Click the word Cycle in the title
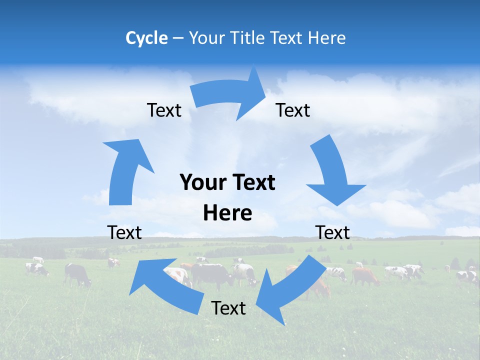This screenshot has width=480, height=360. (x=146, y=38)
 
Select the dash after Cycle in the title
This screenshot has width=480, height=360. (x=178, y=38)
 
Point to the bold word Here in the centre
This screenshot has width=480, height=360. (x=227, y=213)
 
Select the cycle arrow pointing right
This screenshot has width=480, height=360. (x=230, y=95)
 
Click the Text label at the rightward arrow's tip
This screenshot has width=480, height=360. (x=293, y=110)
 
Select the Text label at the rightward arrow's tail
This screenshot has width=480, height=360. (x=164, y=110)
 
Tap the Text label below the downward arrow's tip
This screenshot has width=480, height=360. (x=332, y=232)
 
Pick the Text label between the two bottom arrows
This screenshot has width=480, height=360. (x=228, y=308)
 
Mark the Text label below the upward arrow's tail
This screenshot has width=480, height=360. (x=124, y=232)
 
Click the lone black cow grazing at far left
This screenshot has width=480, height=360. (x=77, y=274)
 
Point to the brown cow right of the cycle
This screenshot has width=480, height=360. (x=365, y=275)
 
